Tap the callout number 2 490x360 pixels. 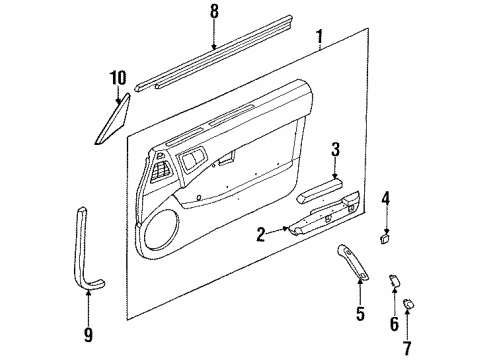[x=261, y=235]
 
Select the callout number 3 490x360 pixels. [x=335, y=149]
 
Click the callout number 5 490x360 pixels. [x=360, y=314]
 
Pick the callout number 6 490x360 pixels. [x=394, y=324]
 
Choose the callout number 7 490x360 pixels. [x=407, y=348]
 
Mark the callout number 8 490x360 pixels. [x=214, y=12]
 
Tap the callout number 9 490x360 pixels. [x=88, y=335]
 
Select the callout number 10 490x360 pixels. [x=118, y=78]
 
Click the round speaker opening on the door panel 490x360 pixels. [x=159, y=229]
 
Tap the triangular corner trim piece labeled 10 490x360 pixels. [x=113, y=119]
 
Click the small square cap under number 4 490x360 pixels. [x=386, y=239]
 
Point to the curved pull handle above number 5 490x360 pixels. [x=353, y=261]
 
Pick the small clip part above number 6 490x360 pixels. [x=394, y=280]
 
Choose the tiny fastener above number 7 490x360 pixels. [x=409, y=303]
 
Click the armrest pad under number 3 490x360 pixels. [x=320, y=190]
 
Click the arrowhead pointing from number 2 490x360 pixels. [x=285, y=229]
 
